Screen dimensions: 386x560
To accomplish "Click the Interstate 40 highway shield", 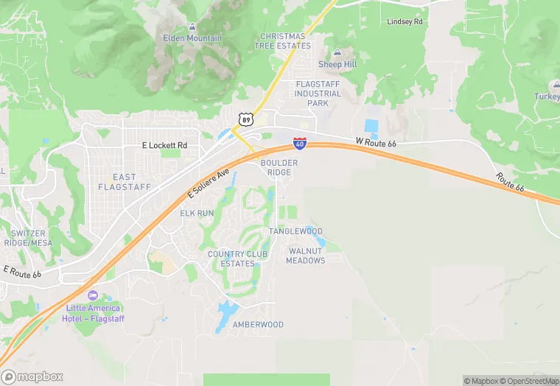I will pos(300,143).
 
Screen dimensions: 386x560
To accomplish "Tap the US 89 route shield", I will pos(246,118).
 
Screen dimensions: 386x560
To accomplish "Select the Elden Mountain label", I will pos(192,37).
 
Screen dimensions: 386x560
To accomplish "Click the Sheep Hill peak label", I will pos(337,64).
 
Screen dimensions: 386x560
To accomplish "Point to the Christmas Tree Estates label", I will pos(284,41).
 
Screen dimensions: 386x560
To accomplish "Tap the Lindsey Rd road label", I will pos(406,22).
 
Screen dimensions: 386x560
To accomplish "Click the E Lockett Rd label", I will pos(165,146).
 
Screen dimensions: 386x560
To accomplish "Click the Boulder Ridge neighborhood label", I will pos(279,167).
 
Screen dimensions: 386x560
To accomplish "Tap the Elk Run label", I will pos(197,213).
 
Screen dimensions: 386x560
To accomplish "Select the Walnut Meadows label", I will pos(306,256).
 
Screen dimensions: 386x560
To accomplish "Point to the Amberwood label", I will pos(258,325).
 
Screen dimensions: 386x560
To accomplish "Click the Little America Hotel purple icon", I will pos(92,295).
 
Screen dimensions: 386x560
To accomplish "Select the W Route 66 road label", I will pos(376,141).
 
